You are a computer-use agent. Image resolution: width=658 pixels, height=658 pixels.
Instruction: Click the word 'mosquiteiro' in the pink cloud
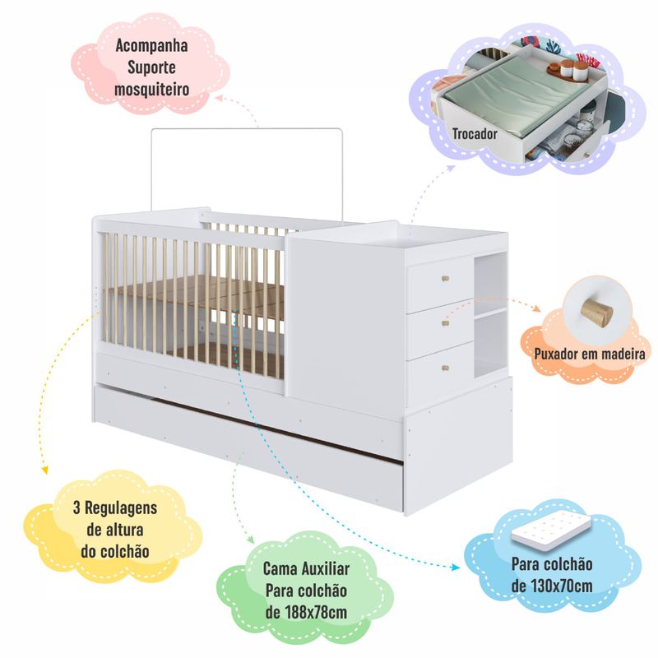point(151,90)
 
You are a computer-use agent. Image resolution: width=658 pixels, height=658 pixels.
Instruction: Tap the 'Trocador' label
point(475,134)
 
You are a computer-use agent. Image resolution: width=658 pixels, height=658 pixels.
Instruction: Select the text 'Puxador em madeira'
point(590,354)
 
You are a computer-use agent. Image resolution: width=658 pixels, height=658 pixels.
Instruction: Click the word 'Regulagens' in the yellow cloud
point(121,507)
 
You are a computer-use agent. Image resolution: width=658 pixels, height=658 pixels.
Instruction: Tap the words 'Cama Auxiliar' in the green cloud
point(306,568)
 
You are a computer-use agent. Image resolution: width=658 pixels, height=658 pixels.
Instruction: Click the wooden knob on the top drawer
point(445,278)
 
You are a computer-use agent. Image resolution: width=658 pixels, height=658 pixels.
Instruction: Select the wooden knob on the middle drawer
point(446,323)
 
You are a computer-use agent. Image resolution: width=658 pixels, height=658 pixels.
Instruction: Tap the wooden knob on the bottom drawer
point(446,368)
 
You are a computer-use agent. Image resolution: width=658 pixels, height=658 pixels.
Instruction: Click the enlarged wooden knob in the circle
point(597,313)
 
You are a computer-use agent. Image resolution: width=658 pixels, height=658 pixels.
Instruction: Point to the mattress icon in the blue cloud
point(551,532)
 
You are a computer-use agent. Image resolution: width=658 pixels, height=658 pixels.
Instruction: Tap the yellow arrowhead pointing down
point(44,470)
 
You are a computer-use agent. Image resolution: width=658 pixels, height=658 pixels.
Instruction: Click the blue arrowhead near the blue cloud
point(455,568)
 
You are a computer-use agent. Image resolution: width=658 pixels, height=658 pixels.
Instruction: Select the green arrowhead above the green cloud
point(250,540)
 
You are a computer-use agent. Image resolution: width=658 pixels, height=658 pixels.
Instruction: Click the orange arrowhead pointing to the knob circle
point(536,308)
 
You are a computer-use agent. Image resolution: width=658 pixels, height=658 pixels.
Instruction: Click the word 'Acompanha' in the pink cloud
point(151,46)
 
